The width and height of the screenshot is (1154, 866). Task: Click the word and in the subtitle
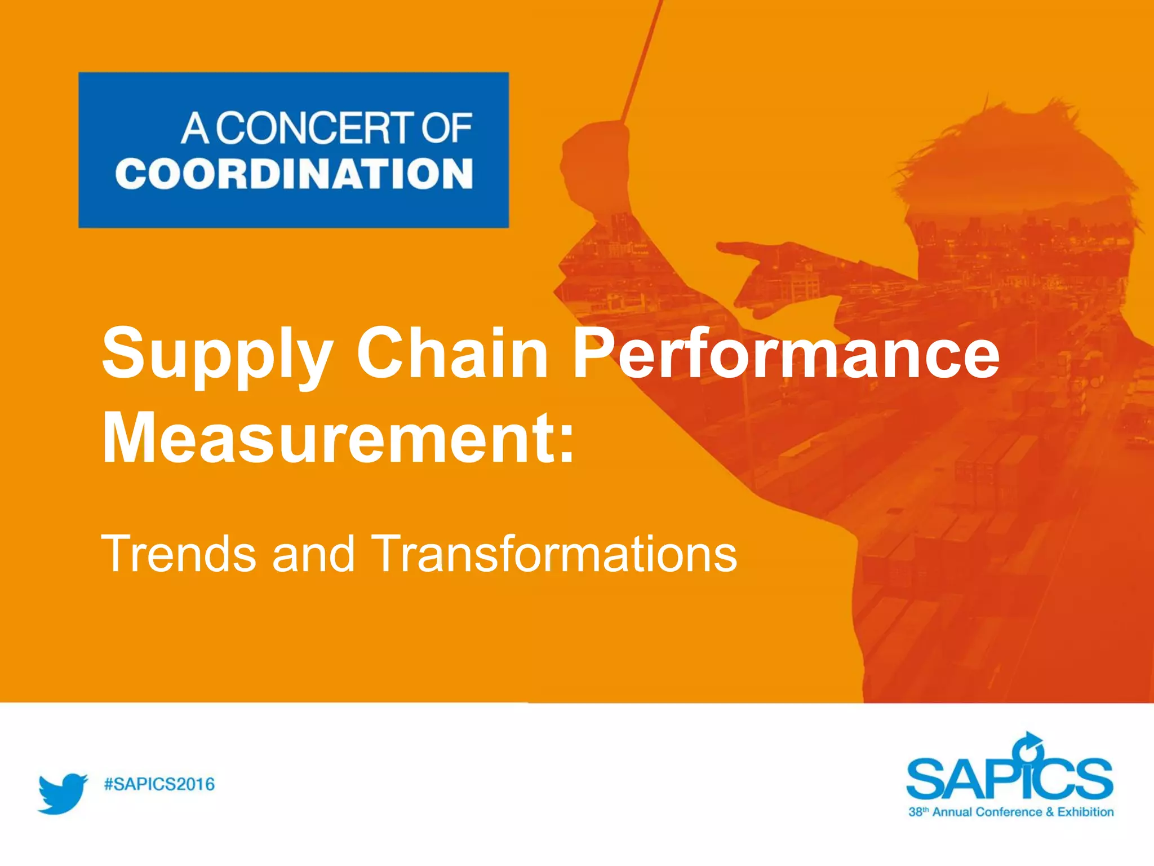[313, 554]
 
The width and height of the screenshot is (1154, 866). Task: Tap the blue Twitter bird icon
[63, 793]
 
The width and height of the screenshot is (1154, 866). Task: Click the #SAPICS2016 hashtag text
[159, 784]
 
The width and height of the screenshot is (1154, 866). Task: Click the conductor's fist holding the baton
[596, 164]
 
